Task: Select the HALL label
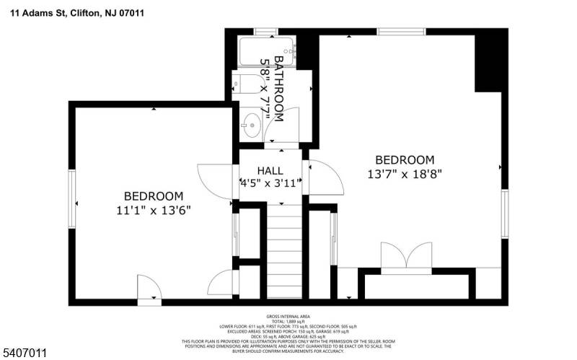270,170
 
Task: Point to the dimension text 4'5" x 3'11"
270,183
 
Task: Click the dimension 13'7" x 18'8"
404,173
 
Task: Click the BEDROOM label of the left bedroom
154,196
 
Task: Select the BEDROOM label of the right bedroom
404,159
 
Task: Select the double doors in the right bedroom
408,258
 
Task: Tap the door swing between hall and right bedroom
322,177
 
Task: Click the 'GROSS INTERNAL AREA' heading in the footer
288,317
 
